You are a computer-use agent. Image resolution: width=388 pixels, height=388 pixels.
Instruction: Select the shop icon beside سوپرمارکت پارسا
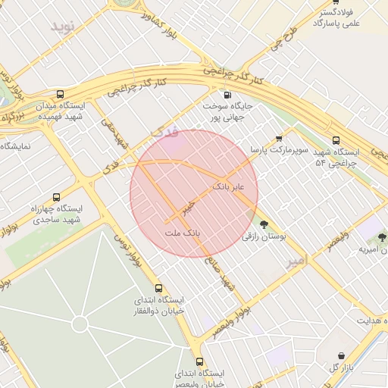[279, 139]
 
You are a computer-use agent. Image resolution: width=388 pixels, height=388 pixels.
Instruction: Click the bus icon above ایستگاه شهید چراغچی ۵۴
[336, 140]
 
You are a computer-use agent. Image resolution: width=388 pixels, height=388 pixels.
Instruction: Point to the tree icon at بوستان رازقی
[264, 224]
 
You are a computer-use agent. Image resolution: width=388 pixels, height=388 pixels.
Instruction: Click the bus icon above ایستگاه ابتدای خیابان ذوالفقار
[158, 288]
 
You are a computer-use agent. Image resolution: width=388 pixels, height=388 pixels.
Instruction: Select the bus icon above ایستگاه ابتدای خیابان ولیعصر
[199, 362]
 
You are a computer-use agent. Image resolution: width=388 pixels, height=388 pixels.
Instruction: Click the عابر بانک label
[228, 186]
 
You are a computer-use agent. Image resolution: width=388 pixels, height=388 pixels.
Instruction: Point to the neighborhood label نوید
[64, 27]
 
